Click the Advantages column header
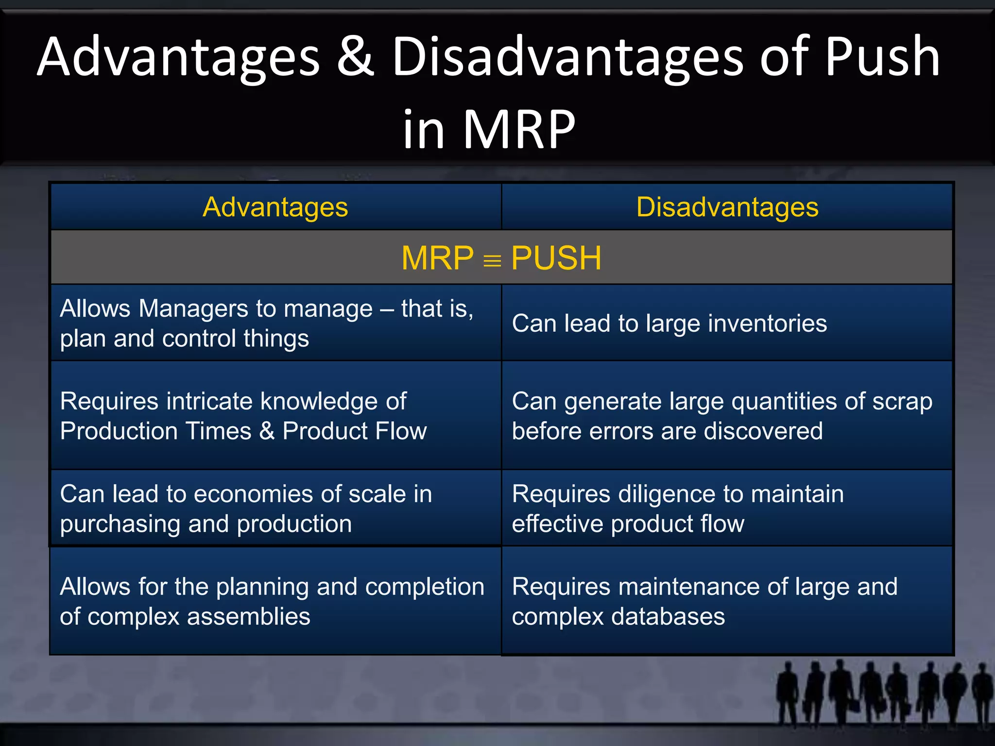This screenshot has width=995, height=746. pos(275,207)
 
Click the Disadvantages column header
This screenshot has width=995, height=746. pos(727,207)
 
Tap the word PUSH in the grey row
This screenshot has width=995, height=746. pos(556,258)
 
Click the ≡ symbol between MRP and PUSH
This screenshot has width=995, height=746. pos(492,261)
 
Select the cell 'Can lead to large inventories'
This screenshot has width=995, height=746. pos(669,323)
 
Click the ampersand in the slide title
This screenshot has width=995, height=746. pos(356,57)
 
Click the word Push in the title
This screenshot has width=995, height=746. pos(882,57)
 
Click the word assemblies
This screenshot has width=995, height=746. pos(248,617)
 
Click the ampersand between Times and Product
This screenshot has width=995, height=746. pos(267,431)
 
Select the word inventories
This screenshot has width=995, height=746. pos(767,323)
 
